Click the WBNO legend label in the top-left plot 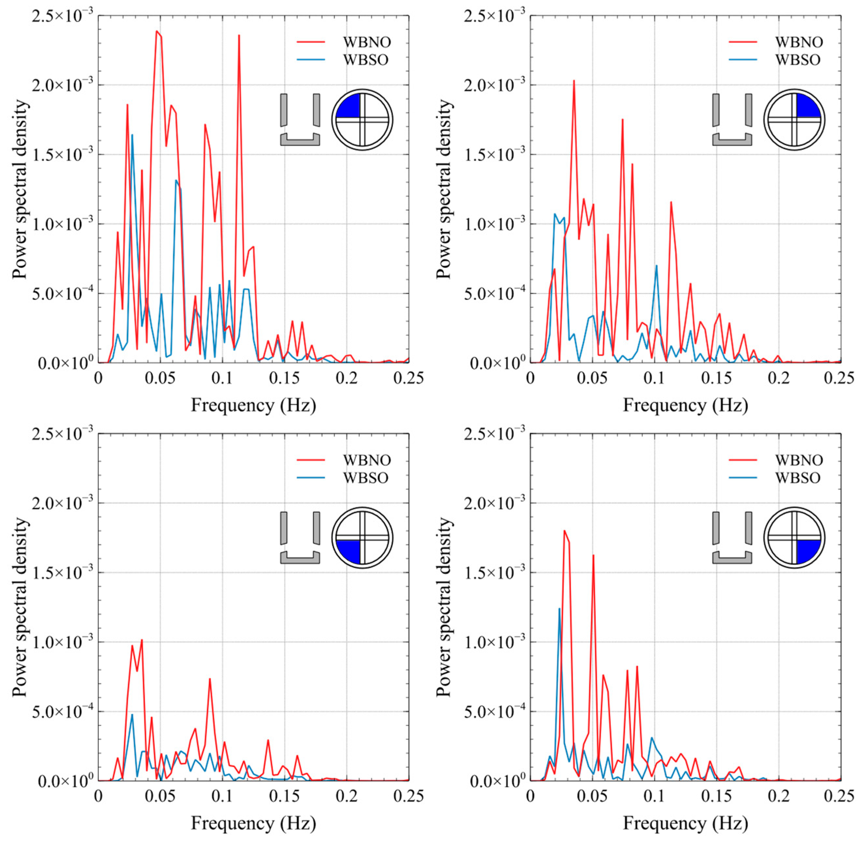pos(367,42)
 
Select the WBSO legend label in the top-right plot pos(798,60)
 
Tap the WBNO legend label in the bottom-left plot pos(367,460)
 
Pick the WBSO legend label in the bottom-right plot pos(798,478)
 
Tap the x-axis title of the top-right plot pos(685,405)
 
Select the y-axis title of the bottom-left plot pos(20,607)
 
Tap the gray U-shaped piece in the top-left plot pos(300,140)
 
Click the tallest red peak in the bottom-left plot pos(142,640)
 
